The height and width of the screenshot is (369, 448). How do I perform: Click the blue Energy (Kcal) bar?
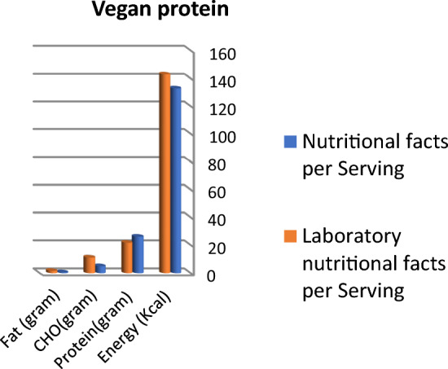175,179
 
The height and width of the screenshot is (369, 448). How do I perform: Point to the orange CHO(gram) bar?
90,264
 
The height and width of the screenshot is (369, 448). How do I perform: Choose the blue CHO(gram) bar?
100,268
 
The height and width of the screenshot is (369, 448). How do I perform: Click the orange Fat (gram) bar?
51,270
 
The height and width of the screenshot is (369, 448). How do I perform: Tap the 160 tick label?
223,54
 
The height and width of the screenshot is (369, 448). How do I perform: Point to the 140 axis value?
223,81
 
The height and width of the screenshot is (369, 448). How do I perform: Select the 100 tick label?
223,137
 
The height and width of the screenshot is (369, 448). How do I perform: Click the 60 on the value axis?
220,192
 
